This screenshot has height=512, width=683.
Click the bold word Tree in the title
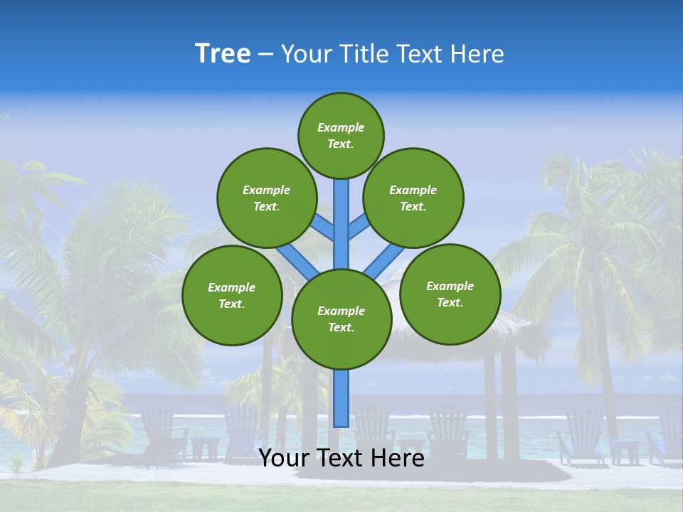click(223, 54)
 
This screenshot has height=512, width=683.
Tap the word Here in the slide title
click(477, 54)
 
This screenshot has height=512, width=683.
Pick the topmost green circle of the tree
click(341, 135)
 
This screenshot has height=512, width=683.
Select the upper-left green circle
click(266, 198)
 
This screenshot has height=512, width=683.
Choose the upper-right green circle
click(413, 198)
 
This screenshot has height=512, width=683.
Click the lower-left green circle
click(232, 295)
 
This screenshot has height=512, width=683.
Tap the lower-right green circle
click(450, 294)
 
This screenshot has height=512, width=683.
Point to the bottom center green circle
click(341, 319)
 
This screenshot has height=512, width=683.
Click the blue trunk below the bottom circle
click(341, 398)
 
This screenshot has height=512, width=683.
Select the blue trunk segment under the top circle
click(341, 220)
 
